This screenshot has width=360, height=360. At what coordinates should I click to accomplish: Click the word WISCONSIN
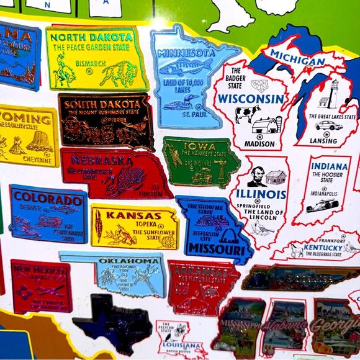[251, 99]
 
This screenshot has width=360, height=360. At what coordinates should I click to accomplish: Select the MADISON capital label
[259, 144]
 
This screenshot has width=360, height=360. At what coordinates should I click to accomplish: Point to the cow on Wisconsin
[247, 114]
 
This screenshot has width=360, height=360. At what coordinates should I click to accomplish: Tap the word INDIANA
[329, 166]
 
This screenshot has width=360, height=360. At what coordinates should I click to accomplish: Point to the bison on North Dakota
[117, 74]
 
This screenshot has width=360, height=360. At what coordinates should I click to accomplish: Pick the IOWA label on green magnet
[191, 147]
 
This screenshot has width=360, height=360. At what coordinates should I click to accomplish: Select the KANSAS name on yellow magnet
[133, 216]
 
